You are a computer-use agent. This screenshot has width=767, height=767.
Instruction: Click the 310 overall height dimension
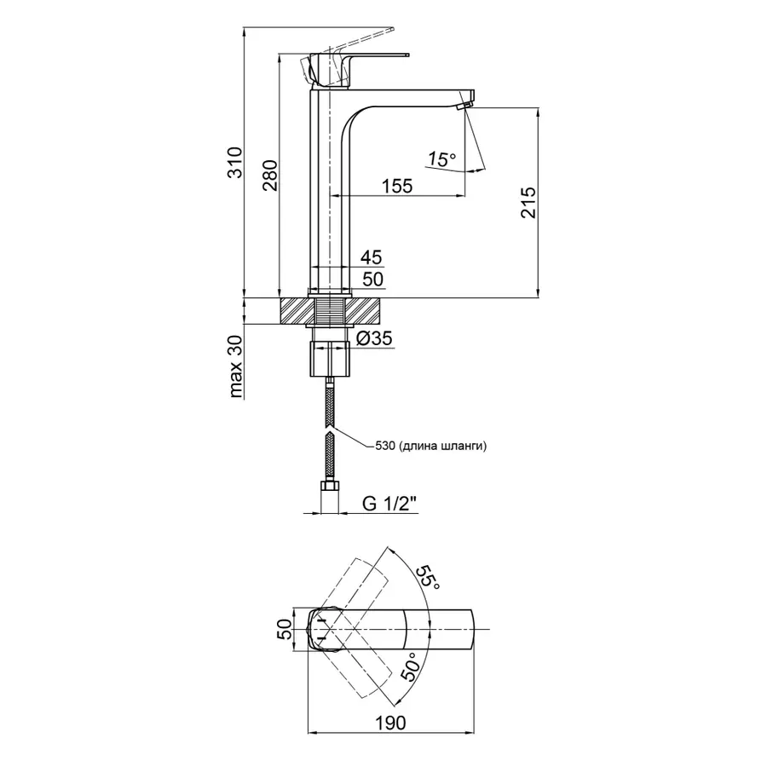236,162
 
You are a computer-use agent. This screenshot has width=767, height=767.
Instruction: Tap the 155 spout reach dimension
396,186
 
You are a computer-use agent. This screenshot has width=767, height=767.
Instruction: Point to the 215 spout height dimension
528,203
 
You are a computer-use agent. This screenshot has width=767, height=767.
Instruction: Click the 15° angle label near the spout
441,159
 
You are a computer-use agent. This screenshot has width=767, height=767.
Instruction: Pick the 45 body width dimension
372,257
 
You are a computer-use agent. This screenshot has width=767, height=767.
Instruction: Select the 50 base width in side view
372,280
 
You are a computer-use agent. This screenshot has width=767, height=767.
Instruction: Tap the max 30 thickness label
236,367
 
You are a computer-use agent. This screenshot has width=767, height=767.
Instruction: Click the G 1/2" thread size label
389,505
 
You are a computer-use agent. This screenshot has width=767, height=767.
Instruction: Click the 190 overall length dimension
389,722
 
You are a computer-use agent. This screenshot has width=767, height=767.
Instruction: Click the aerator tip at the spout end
464,105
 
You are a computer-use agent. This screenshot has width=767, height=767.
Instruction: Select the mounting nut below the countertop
329,359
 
